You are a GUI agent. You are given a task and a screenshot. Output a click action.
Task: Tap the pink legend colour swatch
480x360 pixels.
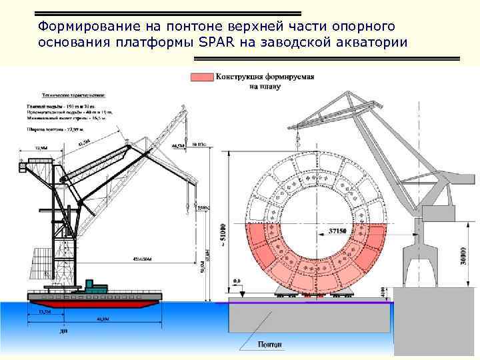[x=201, y=77]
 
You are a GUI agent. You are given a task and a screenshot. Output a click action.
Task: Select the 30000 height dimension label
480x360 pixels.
[x=463, y=254]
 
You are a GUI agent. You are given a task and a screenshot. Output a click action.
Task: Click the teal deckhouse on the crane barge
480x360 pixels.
[x=93, y=287]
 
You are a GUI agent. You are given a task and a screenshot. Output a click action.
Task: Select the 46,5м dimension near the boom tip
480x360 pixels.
[x=178, y=145]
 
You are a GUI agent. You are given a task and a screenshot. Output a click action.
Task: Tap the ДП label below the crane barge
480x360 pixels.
[x=63, y=331]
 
